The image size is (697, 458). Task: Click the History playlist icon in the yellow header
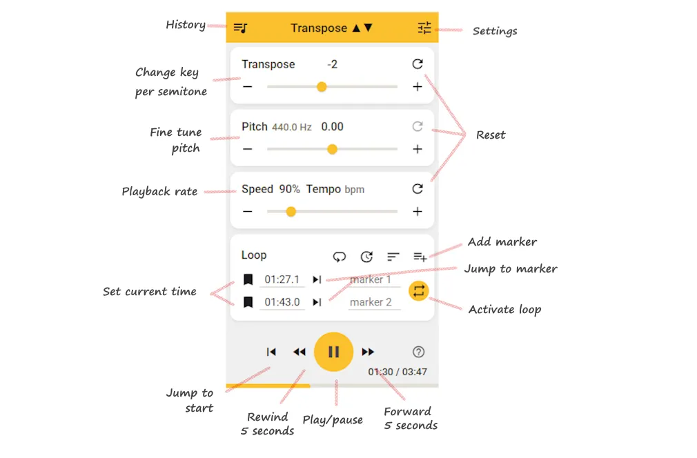[240, 28]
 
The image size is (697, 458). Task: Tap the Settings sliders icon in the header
[424, 28]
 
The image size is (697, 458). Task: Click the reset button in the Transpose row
[417, 64]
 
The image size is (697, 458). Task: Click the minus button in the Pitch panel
[248, 149]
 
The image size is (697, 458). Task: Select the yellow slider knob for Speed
[291, 212]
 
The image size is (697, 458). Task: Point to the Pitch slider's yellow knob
[332, 149]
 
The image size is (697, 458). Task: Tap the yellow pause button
[333, 352]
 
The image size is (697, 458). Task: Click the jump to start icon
[271, 352]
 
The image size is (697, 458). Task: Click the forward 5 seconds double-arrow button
[368, 352]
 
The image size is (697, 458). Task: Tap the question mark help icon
[418, 352]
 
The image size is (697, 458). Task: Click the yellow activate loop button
[418, 291]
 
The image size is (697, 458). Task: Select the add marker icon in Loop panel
[420, 257]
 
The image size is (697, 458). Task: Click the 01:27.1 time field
[282, 279]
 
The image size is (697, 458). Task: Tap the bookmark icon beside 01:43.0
[248, 302]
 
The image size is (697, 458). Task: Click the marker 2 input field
[373, 302]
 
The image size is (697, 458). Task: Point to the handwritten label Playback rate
[159, 192]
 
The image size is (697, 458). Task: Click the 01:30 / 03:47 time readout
[397, 372]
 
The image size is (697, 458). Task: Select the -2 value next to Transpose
[333, 64]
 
